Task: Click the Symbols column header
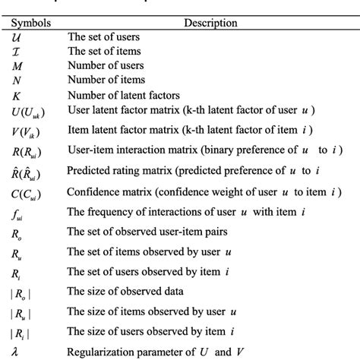coord(31,23)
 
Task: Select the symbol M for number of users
coord(18,65)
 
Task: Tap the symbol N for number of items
coord(18,80)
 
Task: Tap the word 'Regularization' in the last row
coord(102,351)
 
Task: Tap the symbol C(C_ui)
coord(27,192)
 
